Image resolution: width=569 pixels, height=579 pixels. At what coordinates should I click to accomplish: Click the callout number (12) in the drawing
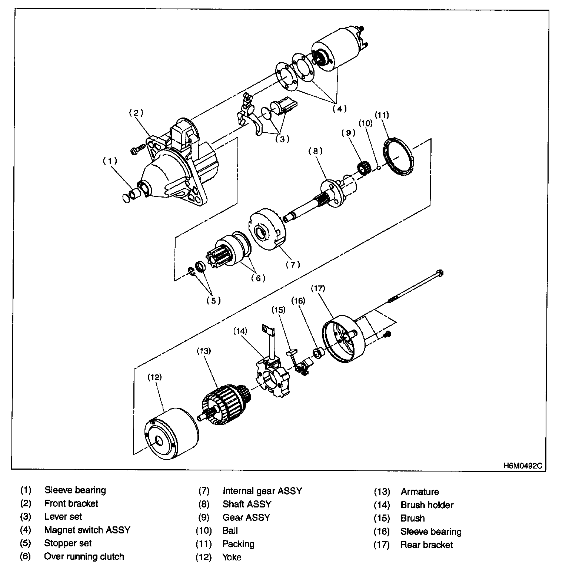(x=155, y=377)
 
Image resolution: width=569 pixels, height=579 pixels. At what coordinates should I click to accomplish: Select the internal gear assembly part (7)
(x=267, y=230)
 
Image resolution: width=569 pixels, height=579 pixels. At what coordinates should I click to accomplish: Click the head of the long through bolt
(x=440, y=274)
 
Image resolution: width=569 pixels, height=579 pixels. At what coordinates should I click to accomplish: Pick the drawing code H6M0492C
(x=522, y=466)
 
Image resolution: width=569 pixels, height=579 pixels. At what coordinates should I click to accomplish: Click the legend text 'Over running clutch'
(x=84, y=556)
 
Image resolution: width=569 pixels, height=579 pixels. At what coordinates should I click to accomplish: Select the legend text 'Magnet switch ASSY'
(x=87, y=530)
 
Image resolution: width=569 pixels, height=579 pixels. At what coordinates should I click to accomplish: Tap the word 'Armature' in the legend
(x=420, y=492)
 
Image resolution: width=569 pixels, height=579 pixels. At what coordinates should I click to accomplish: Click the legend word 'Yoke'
(x=232, y=557)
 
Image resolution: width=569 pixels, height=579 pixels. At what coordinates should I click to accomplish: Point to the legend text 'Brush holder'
(x=427, y=505)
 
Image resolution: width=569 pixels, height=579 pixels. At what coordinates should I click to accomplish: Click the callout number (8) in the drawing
(x=316, y=151)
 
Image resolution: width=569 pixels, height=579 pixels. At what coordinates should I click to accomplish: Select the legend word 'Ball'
(x=230, y=530)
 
